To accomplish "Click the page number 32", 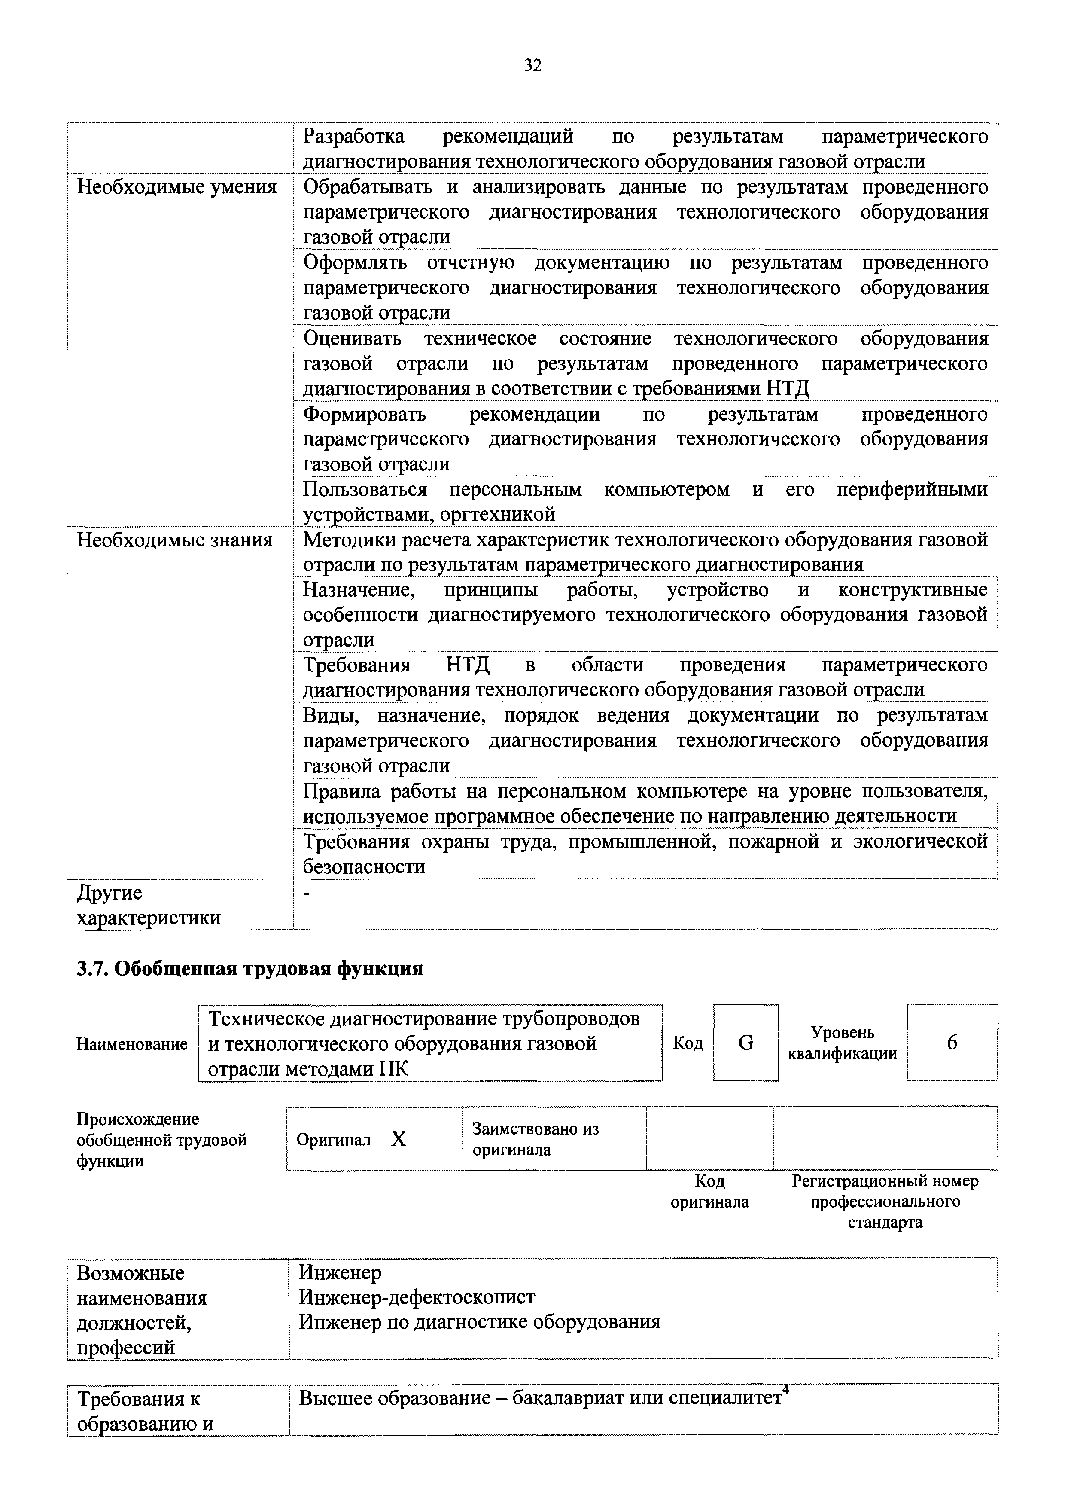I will (x=532, y=65).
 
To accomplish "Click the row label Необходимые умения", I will (x=176, y=187).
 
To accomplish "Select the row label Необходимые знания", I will (x=174, y=540).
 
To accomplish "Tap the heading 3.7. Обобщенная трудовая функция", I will (x=250, y=969).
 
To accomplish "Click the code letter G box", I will (x=745, y=1043).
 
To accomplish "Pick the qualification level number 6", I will (x=952, y=1043).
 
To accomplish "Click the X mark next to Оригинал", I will (x=399, y=1139).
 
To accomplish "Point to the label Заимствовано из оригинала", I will (x=536, y=1139).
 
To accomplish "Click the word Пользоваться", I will (x=365, y=490).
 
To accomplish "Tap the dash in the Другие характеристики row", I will (x=307, y=893).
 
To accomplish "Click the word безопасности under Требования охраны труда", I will (x=364, y=867).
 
